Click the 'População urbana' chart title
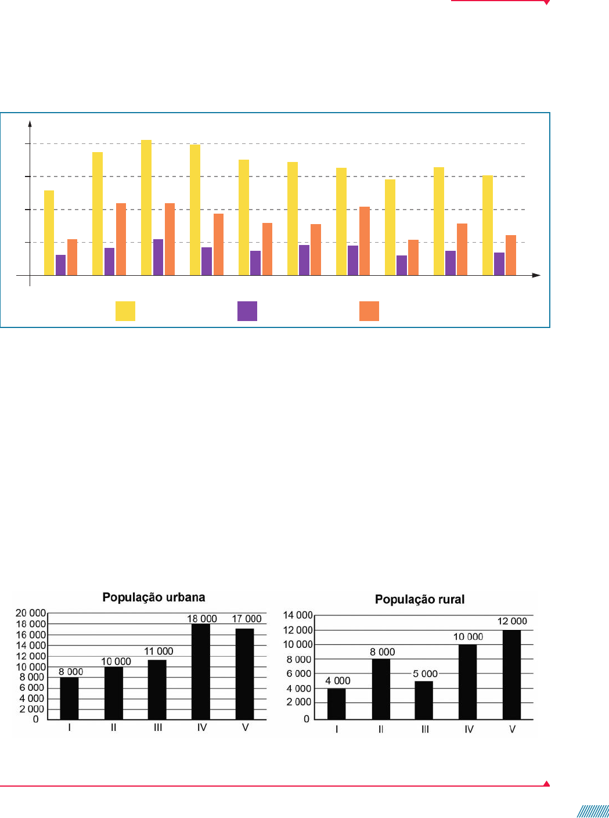(x=154, y=597)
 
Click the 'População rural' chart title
(x=420, y=600)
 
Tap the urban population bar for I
(x=69, y=698)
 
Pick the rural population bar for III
(x=424, y=700)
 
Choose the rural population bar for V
(x=511, y=675)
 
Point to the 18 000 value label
(x=202, y=619)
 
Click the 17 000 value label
(x=247, y=619)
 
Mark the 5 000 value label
(x=425, y=674)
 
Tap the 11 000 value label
(x=158, y=651)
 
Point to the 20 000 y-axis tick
(x=31, y=613)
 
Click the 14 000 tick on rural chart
(x=298, y=615)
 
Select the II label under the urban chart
(x=114, y=727)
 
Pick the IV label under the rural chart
(x=469, y=729)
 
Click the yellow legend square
(x=125, y=311)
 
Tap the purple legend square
(x=247, y=311)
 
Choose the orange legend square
(x=369, y=311)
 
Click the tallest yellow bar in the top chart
(x=146, y=207)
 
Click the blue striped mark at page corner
(x=593, y=811)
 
